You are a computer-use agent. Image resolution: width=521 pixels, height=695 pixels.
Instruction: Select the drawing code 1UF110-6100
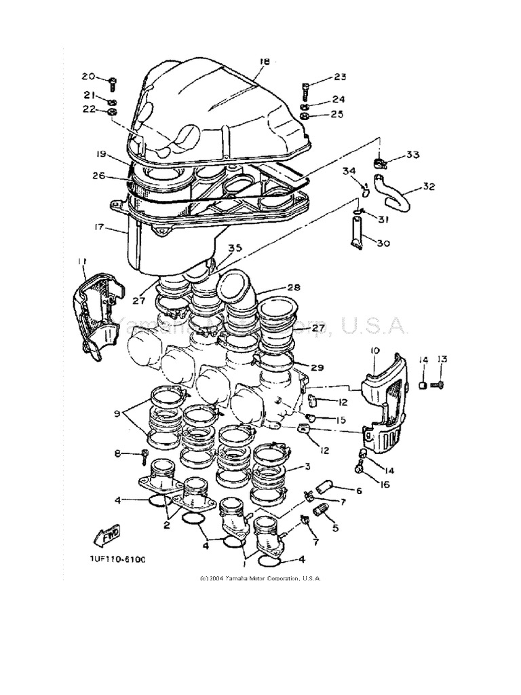pyautogui.click(x=115, y=559)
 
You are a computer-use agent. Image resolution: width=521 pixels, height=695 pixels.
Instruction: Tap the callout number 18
pyautogui.click(x=264, y=62)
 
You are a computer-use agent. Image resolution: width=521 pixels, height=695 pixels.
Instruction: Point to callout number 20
pyautogui.click(x=89, y=76)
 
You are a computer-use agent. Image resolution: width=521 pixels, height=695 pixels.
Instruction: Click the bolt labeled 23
pyautogui.click(x=307, y=89)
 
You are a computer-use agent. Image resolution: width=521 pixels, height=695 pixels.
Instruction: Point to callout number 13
pyautogui.click(x=442, y=359)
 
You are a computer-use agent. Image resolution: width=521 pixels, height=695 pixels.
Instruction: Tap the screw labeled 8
pyautogui.click(x=144, y=455)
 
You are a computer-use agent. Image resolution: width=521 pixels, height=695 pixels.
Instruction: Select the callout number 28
pyautogui.click(x=293, y=287)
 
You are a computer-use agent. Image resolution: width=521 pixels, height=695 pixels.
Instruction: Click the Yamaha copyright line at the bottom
pyautogui.click(x=260, y=578)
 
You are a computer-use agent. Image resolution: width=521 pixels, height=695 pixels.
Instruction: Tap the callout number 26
pyautogui.click(x=98, y=176)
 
